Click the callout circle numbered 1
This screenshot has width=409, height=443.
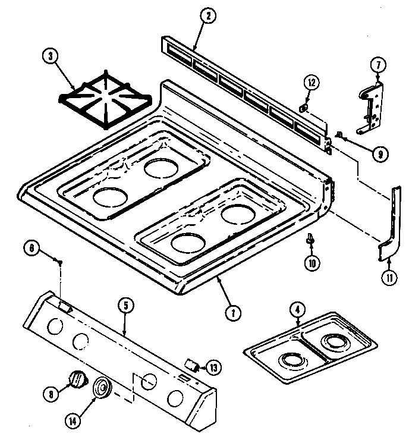tap(234, 310)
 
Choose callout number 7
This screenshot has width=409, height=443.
tap(378, 64)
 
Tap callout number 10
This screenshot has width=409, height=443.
tap(310, 262)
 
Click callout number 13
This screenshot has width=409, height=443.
tap(213, 367)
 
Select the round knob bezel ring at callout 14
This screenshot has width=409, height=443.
tap(102, 388)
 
